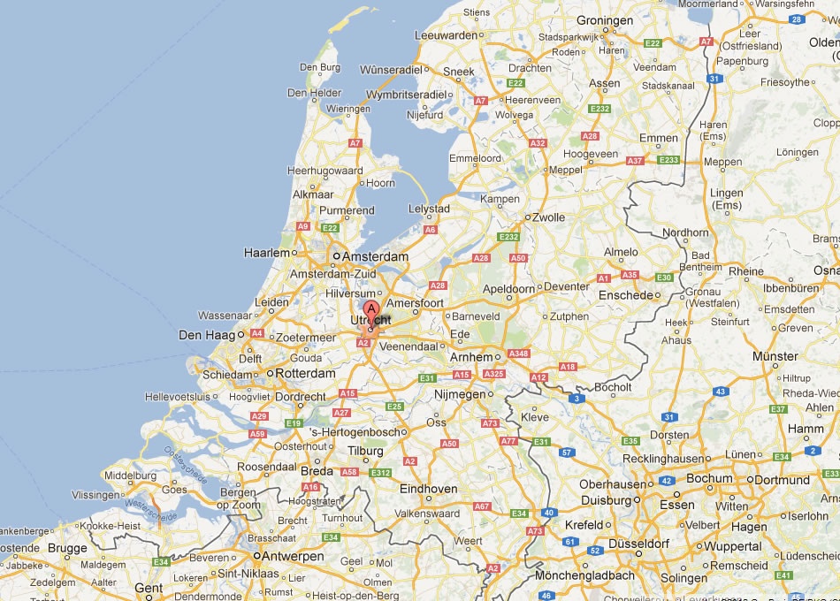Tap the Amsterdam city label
375,257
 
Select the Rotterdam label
305,374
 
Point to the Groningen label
605,19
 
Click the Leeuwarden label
445,35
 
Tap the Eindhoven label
429,489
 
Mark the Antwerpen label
289,557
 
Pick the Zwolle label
549,217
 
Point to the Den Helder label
314,92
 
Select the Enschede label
625,294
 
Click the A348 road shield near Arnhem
518,354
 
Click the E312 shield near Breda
380,473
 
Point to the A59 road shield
257,434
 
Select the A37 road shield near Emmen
634,161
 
